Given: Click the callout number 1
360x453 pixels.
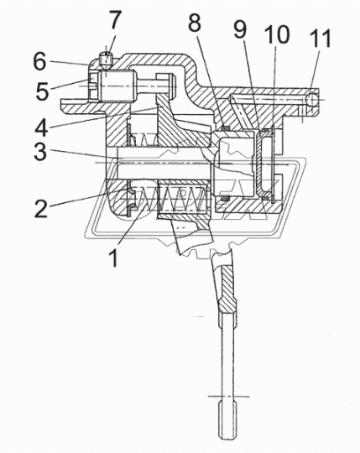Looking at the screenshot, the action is tap(114, 258).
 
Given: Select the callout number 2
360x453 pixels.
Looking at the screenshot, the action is tap(42, 209).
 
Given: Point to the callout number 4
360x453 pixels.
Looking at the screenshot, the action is tap(41, 128).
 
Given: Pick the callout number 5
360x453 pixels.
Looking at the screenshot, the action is tap(43, 91).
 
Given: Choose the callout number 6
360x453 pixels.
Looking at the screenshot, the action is tap(39, 61).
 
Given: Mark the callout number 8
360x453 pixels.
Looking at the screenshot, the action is tap(195, 23).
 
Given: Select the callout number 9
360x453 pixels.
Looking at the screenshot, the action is tap(240, 29).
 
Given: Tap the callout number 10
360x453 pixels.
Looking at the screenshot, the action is tap(277, 34).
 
